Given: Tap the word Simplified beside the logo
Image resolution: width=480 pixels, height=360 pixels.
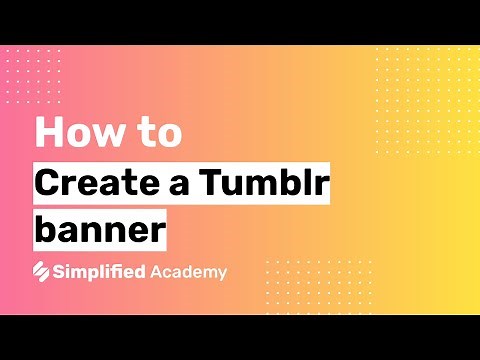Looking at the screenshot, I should pyautogui.click(x=101, y=271).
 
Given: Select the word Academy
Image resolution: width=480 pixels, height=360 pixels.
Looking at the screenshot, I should pyautogui.click(x=189, y=271).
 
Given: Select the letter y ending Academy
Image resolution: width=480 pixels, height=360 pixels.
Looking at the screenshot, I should pyautogui.click(x=221, y=273).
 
